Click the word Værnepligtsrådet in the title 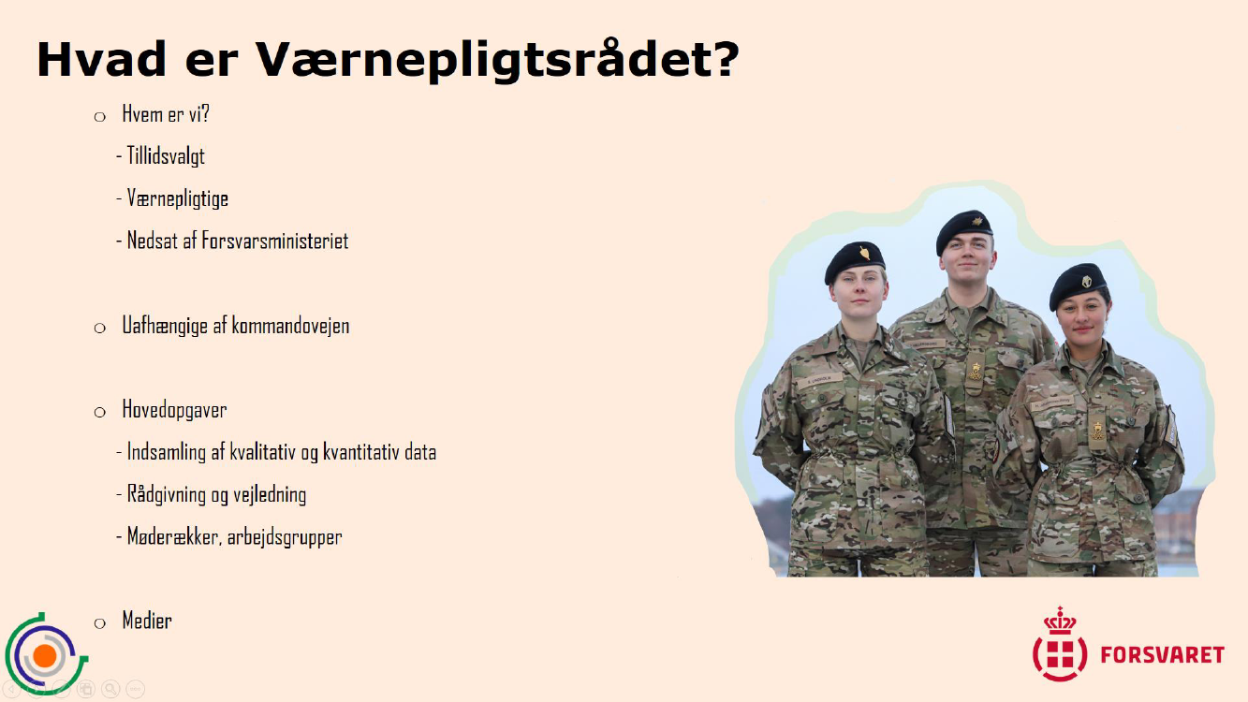(497, 60)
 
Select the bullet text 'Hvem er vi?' (166, 114)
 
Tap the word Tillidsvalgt (166, 156)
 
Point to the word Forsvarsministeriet (274, 241)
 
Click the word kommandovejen (290, 326)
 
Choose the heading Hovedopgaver (174, 410)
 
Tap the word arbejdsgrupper (285, 537)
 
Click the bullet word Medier (147, 620)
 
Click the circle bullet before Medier (100, 622)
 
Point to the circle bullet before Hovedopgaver (100, 412)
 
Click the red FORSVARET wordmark (1162, 654)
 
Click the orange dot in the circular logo (45, 656)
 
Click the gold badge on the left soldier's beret (864, 254)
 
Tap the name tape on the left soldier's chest (819, 381)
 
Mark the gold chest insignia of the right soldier (1097, 431)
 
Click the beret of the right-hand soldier (1078, 285)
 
